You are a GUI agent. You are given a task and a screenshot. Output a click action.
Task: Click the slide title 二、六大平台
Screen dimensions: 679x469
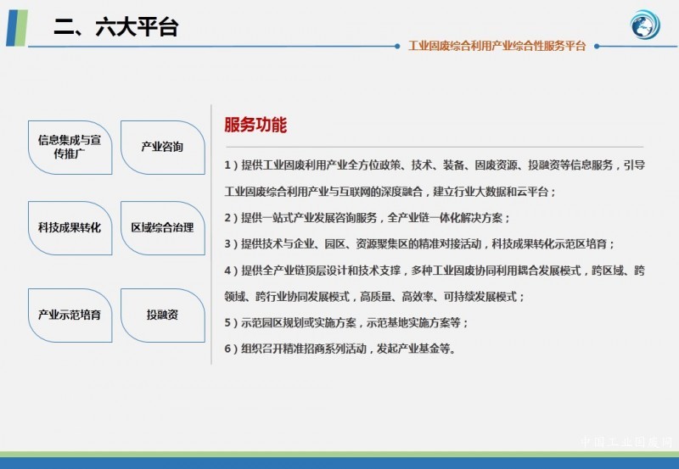115,27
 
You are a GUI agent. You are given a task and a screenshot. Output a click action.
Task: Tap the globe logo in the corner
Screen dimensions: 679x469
645,25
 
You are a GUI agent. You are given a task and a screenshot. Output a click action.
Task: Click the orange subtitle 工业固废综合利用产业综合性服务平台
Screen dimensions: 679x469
497,46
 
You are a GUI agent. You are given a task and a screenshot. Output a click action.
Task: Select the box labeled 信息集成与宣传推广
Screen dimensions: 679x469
70,148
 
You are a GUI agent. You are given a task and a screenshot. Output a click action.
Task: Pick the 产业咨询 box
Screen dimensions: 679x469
163,148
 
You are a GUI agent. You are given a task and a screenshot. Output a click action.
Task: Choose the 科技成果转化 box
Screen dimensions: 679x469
70,228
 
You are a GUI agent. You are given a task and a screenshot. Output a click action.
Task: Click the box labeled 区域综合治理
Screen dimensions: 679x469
163,228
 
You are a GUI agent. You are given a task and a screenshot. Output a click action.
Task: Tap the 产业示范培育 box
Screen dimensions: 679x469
70,315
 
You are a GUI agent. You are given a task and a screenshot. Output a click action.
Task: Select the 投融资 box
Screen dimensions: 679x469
163,315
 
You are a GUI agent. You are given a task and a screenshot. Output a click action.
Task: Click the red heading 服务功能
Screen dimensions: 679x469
255,125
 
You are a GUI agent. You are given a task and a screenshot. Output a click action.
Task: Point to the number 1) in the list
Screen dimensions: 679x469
231,165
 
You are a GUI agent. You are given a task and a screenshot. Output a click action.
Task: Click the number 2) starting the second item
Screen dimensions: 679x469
231,218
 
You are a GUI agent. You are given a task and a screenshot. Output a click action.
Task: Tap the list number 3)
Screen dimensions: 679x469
231,244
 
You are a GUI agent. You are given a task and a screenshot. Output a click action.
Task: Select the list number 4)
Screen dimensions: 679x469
231,271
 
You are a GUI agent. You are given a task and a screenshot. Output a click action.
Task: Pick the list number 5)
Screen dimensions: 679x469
231,323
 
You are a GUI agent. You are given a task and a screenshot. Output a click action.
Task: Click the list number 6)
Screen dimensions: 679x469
231,349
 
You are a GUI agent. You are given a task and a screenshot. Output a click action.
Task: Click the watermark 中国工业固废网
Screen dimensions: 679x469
626,442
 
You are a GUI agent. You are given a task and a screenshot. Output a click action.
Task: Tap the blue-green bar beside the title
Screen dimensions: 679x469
17,28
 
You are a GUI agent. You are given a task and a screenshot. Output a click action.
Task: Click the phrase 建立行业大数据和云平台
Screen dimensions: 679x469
491,192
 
